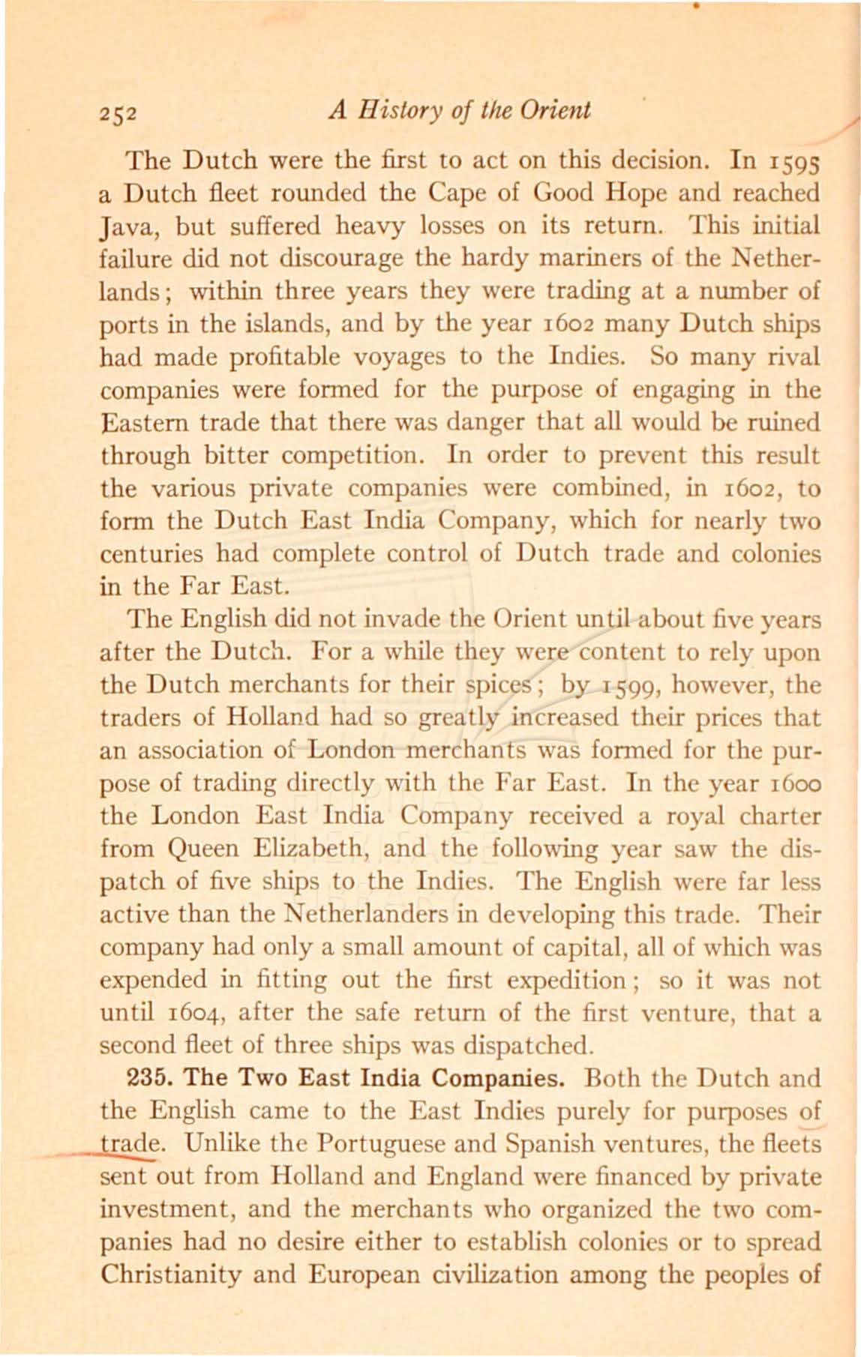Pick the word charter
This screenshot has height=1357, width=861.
pyautogui.click(x=783, y=816)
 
